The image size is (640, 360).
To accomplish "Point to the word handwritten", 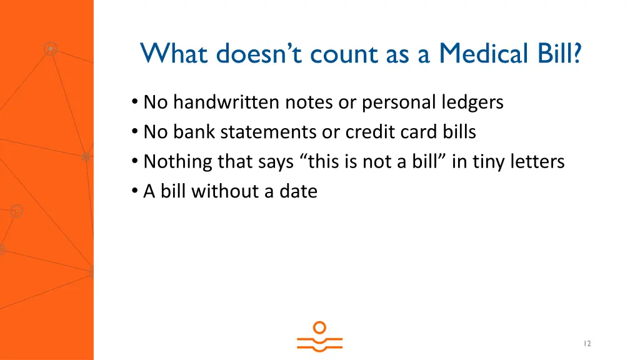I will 227,102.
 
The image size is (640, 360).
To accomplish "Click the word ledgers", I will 472,102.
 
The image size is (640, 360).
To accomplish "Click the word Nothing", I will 178,162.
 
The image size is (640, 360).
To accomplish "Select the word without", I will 227,191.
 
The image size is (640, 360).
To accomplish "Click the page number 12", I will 587,344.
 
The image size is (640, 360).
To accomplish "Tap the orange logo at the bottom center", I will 319,336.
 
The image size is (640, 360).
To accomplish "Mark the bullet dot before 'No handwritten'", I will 135,102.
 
